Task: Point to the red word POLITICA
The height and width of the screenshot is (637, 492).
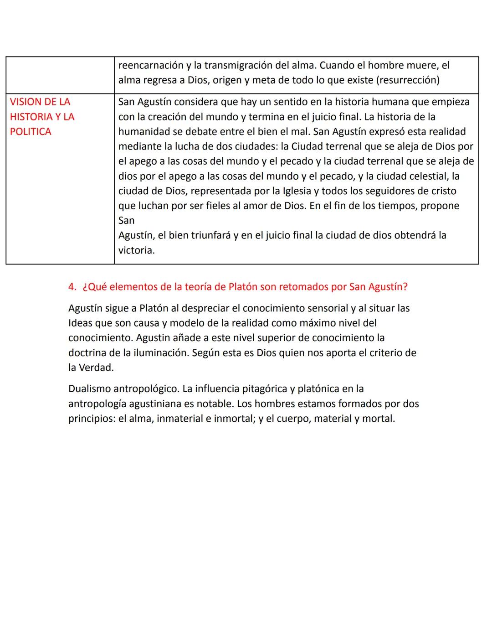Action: pos(31,132)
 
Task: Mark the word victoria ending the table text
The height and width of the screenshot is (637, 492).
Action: pos(136,250)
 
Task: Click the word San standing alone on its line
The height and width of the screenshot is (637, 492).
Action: pos(126,221)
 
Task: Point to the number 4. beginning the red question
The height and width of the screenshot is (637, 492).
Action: pos(72,287)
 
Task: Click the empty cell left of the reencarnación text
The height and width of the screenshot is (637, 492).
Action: pos(60,74)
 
